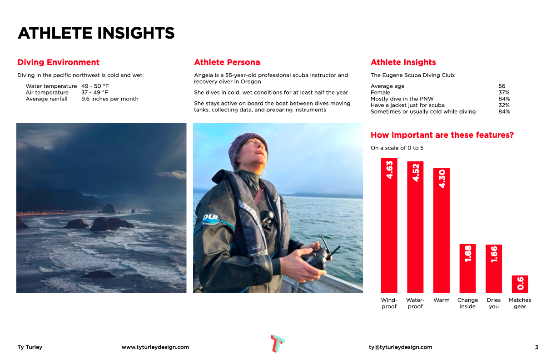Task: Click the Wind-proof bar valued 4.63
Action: [x=389, y=225]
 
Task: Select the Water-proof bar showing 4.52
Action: [x=415, y=227]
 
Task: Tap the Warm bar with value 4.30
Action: [x=442, y=230]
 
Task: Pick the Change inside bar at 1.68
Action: [x=467, y=268]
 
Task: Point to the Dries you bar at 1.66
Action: [x=494, y=269]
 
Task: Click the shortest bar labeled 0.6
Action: [x=520, y=284]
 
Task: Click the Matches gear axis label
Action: [x=520, y=303]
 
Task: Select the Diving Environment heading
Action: [x=58, y=62]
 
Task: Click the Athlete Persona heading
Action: [x=227, y=62]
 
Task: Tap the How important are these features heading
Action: [x=442, y=135]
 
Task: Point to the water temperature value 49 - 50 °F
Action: [x=95, y=86]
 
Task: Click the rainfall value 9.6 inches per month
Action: [x=110, y=99]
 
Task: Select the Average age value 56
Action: [x=501, y=86]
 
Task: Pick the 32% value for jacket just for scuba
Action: [x=504, y=105]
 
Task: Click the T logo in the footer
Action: [x=278, y=344]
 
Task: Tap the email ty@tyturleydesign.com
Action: [x=400, y=347]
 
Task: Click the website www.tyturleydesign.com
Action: [x=155, y=347]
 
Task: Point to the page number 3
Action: [x=536, y=347]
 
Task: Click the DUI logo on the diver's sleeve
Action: [x=211, y=219]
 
